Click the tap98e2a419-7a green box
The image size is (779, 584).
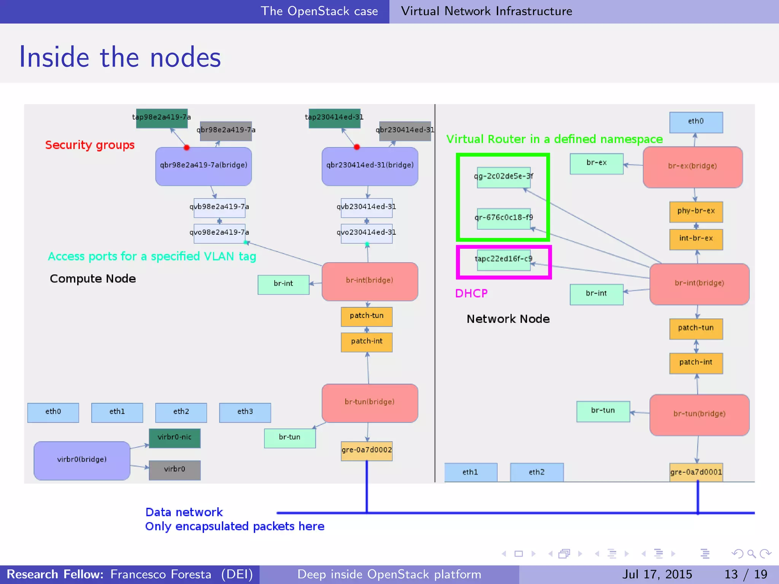(162, 118)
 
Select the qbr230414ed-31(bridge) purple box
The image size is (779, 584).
(370, 166)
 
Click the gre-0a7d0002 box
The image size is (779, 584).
(367, 451)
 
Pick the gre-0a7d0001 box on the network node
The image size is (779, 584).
(696, 472)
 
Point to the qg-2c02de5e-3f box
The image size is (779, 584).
(504, 177)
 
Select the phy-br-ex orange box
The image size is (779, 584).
(696, 211)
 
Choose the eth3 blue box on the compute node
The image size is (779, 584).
(245, 412)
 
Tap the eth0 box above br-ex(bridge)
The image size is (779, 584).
(696, 122)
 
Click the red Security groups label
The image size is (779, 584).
(90, 145)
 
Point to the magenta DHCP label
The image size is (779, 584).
(471, 294)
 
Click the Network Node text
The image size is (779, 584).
(508, 319)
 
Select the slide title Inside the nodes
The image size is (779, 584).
(120, 57)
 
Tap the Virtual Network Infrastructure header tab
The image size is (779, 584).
(486, 11)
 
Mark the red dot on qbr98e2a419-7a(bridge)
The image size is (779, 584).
(186, 148)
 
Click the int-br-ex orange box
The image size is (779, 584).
(696, 239)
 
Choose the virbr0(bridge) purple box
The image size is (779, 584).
(82, 460)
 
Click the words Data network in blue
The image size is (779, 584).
(184, 512)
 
